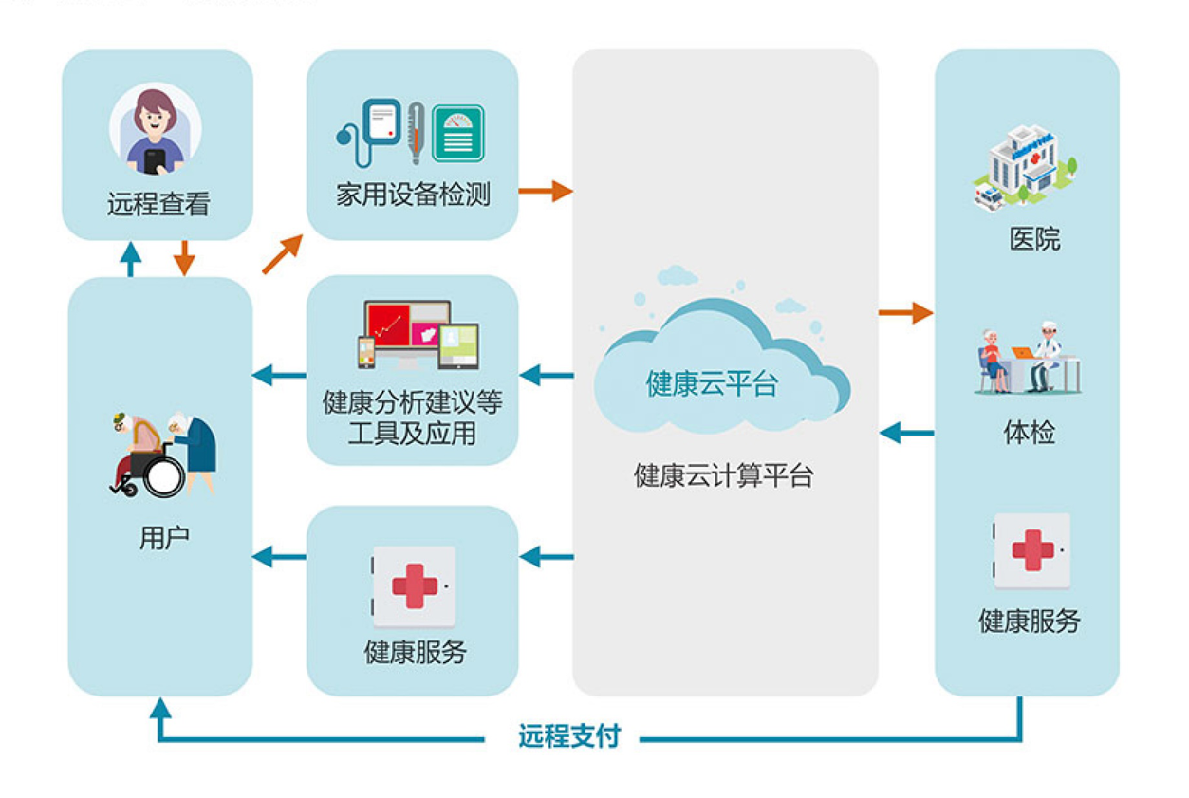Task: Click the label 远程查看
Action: pyautogui.click(x=158, y=204)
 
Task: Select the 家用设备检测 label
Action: pyautogui.click(x=413, y=195)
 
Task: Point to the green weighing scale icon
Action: pyautogui.click(x=458, y=133)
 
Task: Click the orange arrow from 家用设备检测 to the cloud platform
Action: pyautogui.click(x=546, y=191)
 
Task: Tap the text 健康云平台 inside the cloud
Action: pyautogui.click(x=712, y=383)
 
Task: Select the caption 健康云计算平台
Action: pyautogui.click(x=723, y=475)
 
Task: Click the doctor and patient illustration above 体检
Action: pyautogui.click(x=1029, y=358)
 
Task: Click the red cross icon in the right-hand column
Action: pyautogui.click(x=1032, y=550)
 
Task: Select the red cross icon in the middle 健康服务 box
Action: pyautogui.click(x=414, y=585)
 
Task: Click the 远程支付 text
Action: pyautogui.click(x=569, y=736)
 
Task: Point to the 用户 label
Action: pyautogui.click(x=163, y=538)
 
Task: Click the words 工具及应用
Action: pyautogui.click(x=412, y=435)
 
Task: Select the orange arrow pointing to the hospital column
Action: pyautogui.click(x=905, y=311)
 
